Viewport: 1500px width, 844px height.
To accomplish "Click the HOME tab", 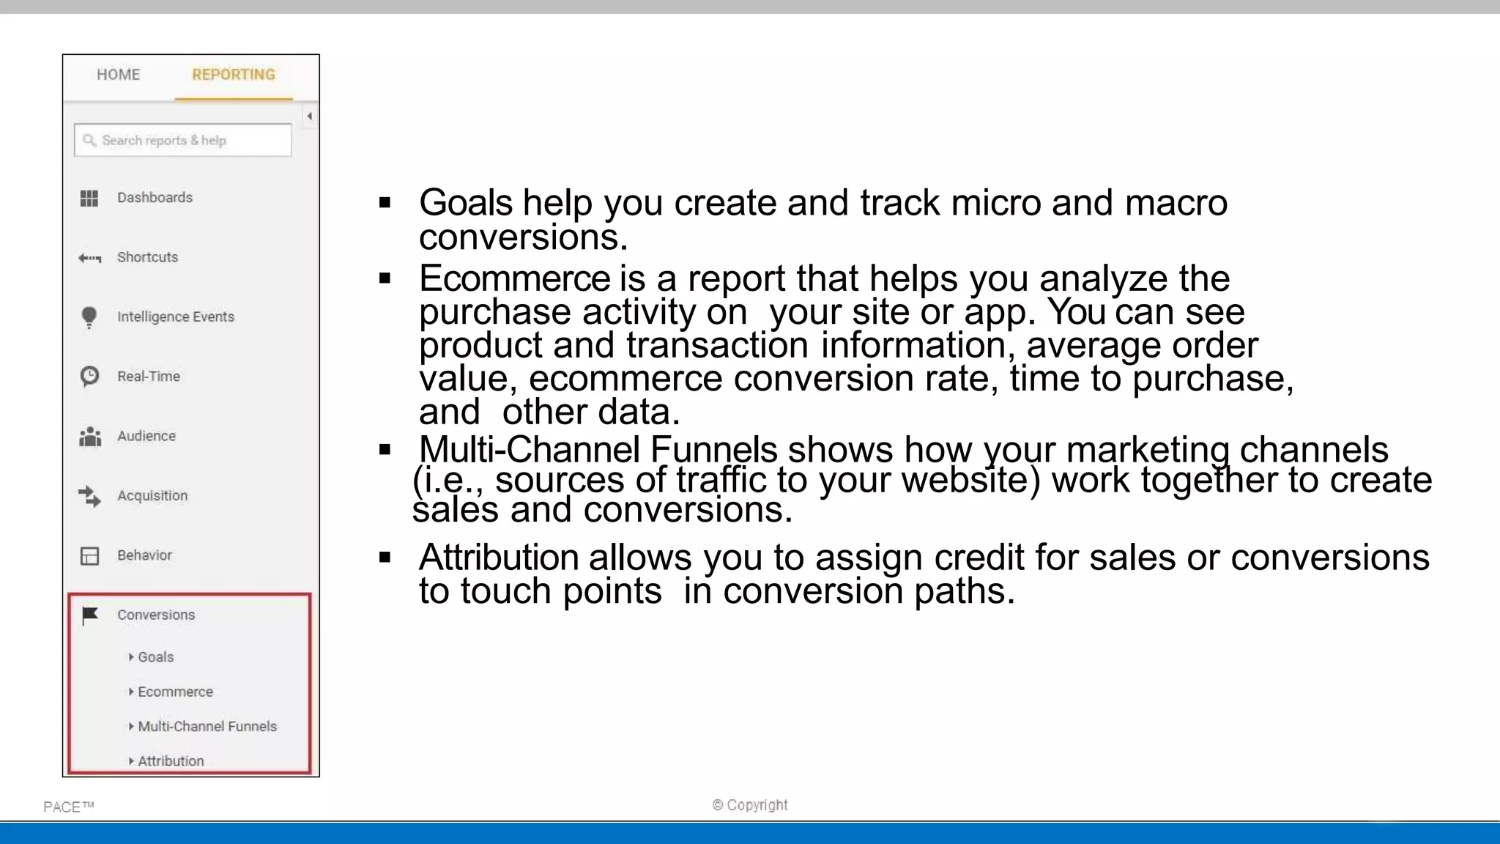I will tap(118, 75).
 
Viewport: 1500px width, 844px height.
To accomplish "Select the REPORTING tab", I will tap(233, 75).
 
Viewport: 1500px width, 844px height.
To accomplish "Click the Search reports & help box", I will tap(183, 140).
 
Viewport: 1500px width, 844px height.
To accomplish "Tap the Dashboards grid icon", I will tap(89, 198).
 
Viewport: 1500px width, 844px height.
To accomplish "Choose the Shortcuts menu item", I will tap(147, 257).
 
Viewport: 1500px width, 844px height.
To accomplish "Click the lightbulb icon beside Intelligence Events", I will tap(89, 317).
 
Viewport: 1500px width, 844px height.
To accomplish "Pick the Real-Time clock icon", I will tap(89, 377).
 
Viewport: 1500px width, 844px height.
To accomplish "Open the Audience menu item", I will tap(146, 436).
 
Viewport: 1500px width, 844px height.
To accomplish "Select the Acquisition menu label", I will tap(152, 496).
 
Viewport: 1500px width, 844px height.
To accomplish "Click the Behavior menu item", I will tap(144, 555).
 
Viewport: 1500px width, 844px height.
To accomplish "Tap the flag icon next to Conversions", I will tap(90, 615).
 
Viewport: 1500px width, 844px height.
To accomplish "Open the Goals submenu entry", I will tap(155, 657).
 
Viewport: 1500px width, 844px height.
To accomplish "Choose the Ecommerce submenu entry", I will tap(175, 692).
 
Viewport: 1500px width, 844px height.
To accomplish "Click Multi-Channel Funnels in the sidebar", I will tap(207, 726).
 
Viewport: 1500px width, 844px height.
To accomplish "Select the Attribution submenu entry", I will tap(171, 760).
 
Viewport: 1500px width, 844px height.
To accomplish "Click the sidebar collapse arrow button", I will tap(310, 116).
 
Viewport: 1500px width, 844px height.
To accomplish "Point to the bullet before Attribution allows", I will tap(385, 558).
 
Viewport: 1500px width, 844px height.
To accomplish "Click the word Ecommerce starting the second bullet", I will tap(514, 278).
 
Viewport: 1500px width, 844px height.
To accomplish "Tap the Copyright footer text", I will tap(750, 805).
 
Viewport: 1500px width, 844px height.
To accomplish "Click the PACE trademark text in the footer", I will tap(68, 807).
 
